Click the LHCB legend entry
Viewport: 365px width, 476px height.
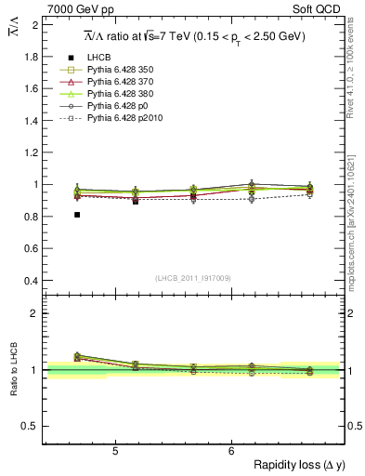98,57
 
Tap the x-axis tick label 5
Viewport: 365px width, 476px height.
114,452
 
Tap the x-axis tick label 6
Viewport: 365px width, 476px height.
231,452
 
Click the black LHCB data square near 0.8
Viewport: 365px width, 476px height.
77,215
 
